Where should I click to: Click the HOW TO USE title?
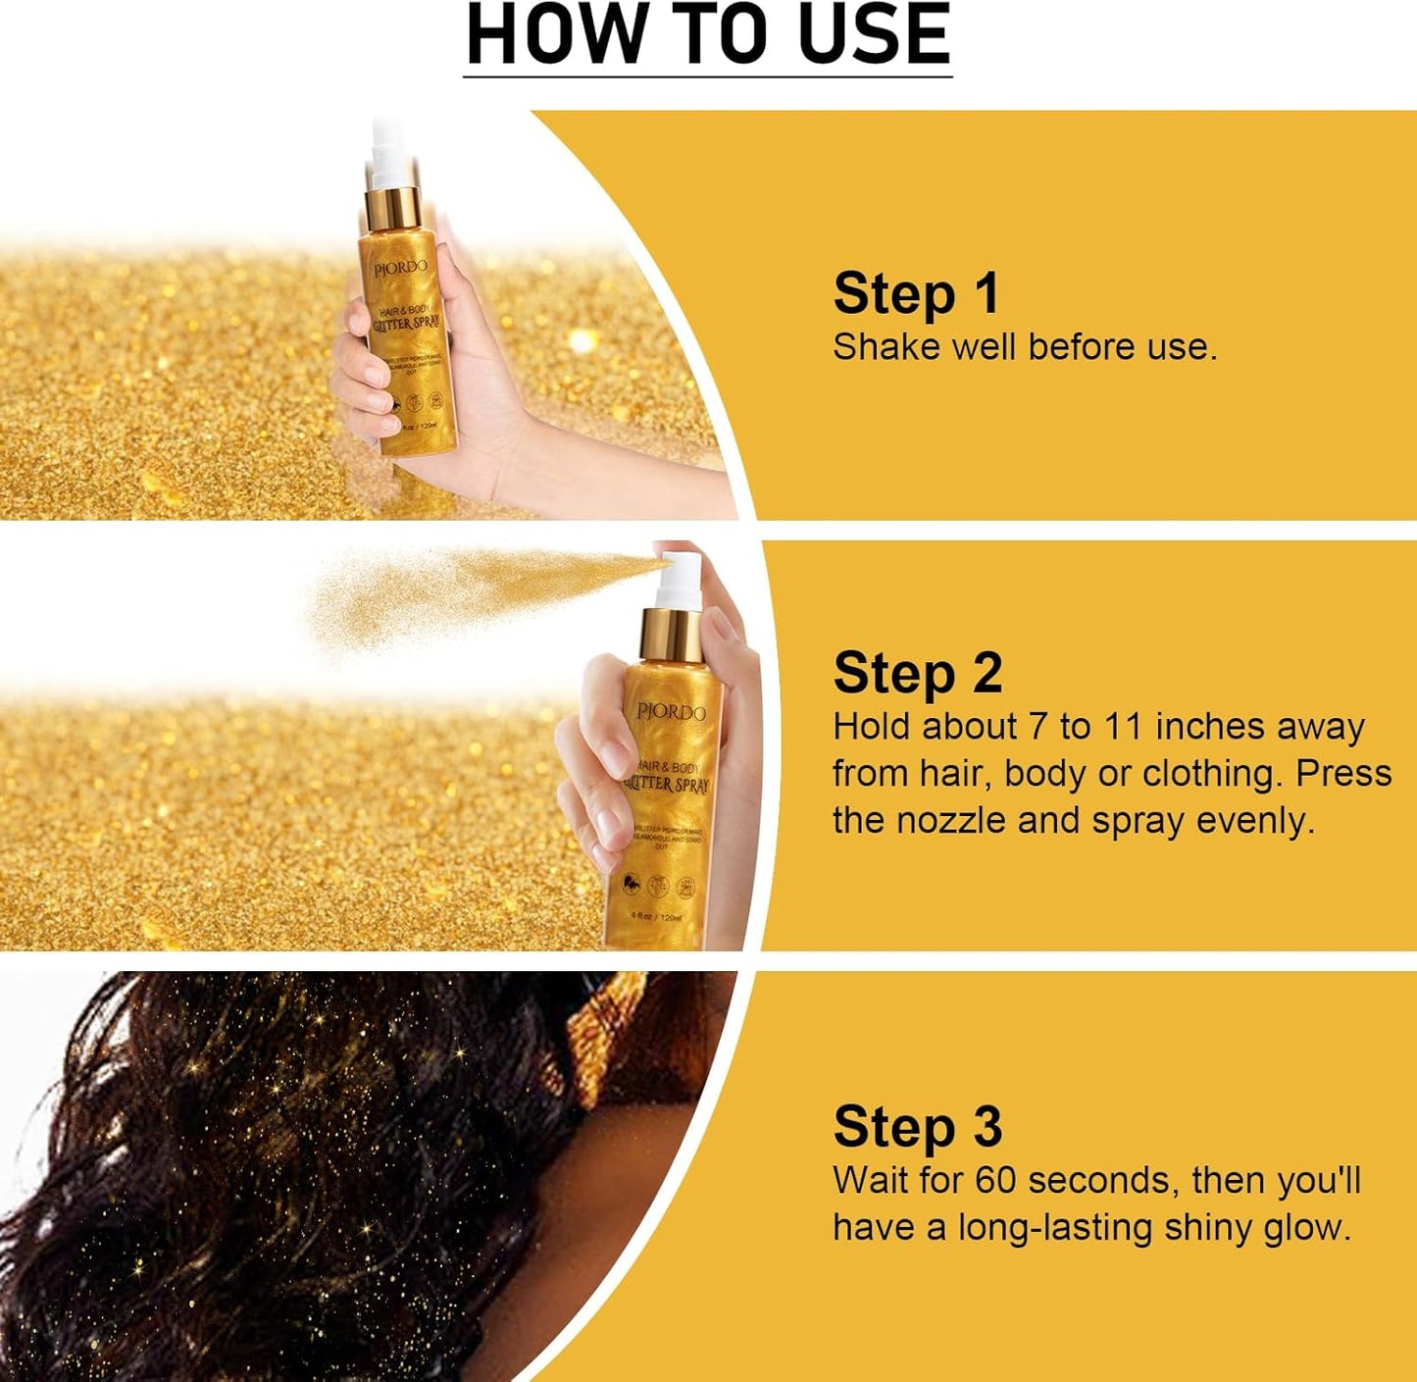point(707,35)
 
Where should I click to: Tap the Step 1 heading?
point(916,293)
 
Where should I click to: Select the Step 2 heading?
point(917,673)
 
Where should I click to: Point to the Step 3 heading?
point(917,1126)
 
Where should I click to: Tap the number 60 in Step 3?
point(995,1180)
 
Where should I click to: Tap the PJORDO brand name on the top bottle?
point(399,268)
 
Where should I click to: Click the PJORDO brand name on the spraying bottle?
point(671,711)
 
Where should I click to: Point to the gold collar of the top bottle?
point(393,206)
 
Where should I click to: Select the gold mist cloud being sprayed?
point(461,593)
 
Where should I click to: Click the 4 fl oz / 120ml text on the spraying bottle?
point(656,917)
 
